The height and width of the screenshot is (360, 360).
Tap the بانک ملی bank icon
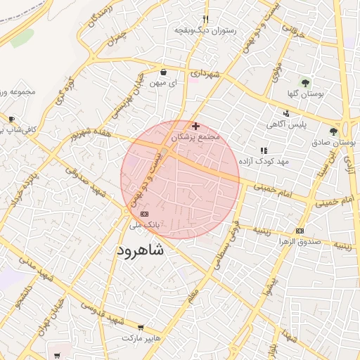145,214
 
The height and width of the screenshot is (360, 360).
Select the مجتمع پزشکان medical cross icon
195,126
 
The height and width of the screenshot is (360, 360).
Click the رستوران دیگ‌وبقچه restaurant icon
205,20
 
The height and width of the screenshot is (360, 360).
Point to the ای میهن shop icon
164,72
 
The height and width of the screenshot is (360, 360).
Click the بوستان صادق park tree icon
333,131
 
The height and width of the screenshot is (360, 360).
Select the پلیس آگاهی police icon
286,113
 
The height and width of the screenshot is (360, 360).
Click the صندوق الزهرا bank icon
300,231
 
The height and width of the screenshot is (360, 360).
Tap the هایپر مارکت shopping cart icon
141,328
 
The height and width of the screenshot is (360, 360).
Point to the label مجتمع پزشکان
195,136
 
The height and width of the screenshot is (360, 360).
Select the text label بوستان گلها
304,94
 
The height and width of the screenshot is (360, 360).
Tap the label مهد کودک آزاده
264,162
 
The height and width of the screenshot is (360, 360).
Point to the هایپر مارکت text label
141,339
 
